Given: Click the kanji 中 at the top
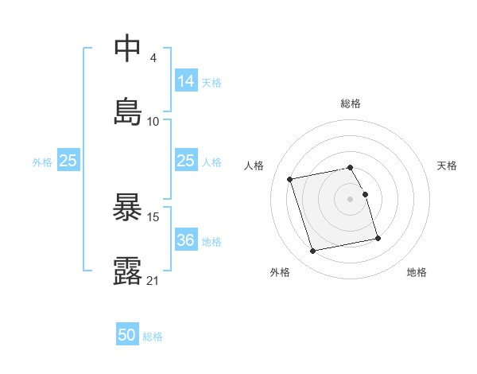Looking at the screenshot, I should tap(128, 49).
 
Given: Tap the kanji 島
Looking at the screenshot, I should tap(128, 111).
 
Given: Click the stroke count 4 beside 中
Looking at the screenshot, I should tap(153, 59).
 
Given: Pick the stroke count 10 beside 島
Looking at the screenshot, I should tap(153, 122).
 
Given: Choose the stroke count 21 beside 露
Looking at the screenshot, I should tap(153, 280).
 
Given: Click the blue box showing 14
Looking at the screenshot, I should tap(186, 81).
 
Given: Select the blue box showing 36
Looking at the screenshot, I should tap(186, 240).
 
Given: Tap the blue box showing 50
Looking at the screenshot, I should tap(127, 335).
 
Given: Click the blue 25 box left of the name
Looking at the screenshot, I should tap(68, 161).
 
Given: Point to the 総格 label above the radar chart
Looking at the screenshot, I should tap(351, 103).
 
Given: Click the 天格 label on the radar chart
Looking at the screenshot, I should tap(447, 166).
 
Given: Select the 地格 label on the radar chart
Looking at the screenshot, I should tap(417, 272).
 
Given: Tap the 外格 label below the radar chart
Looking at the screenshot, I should tap(280, 272).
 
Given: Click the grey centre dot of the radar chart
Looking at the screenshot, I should tap(351, 198).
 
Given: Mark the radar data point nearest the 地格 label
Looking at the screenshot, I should tap(378, 238).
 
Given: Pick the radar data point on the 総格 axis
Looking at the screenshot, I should tap(351, 167).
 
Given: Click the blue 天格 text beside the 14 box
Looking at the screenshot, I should tap(211, 82).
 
